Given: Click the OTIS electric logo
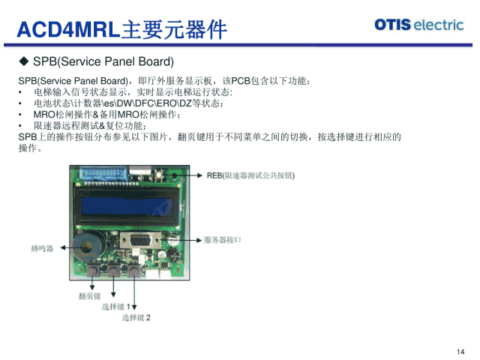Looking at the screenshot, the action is pos(418,24).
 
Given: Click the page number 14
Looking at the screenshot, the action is pos(460,352).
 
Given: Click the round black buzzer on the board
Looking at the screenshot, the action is pos(89,247).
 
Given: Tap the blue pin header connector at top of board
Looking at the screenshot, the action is pos(105,175).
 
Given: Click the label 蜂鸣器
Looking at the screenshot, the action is pos(42,247).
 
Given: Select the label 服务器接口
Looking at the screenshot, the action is pos(223,240).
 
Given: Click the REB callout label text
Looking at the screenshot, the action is pos(251,175).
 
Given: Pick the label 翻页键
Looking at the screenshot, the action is pos(88,296).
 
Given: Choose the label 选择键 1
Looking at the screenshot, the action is pos(116,307).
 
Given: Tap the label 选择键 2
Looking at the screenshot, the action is pos(136,317).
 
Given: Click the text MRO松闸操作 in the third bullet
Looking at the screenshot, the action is pos(64,114).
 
